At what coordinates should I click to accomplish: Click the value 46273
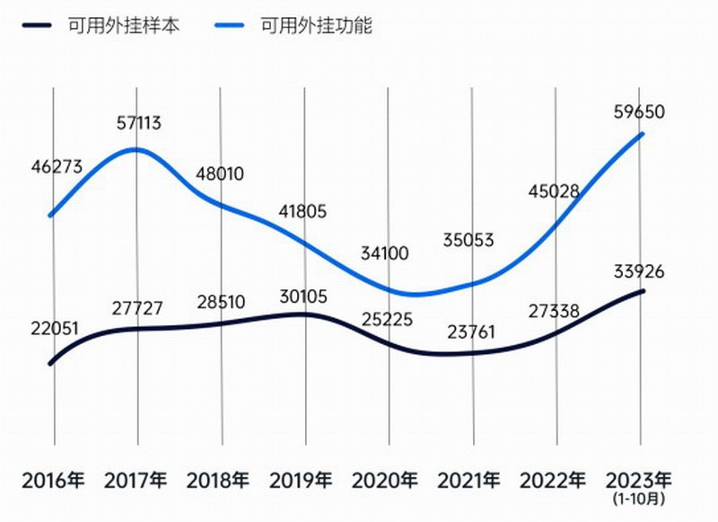[57, 166]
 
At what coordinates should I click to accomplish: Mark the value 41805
[302, 212]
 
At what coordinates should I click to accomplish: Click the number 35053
[468, 240]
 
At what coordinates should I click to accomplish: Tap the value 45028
[554, 191]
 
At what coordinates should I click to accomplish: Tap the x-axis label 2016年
[55, 479]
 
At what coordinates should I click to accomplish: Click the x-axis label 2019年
[302, 479]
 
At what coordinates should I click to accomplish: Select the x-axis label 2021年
[470, 479]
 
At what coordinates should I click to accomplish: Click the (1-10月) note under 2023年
[639, 497]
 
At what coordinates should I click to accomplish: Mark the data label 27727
[138, 308]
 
